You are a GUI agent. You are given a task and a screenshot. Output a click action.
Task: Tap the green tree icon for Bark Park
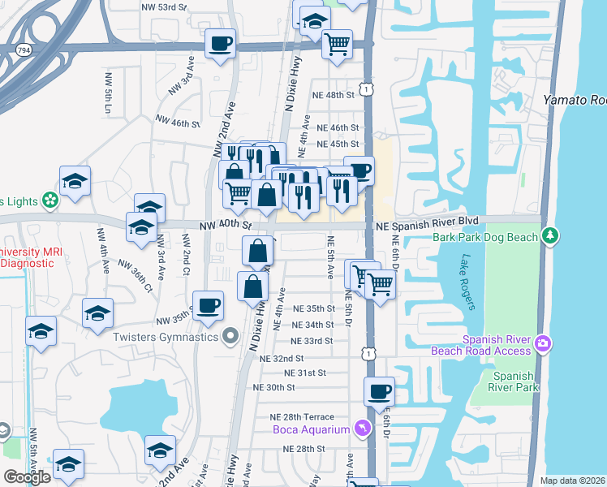point(551,235)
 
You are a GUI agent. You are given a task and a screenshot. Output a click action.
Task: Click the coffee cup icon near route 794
point(219,43)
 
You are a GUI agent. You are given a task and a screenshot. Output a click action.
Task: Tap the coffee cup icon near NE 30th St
point(379,392)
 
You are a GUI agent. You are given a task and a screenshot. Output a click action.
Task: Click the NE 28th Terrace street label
point(302,417)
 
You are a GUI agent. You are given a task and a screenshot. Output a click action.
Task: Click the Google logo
point(27,476)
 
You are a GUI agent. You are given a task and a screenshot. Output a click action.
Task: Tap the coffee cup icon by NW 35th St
point(209,305)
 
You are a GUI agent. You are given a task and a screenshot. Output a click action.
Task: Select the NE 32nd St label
point(282,358)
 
